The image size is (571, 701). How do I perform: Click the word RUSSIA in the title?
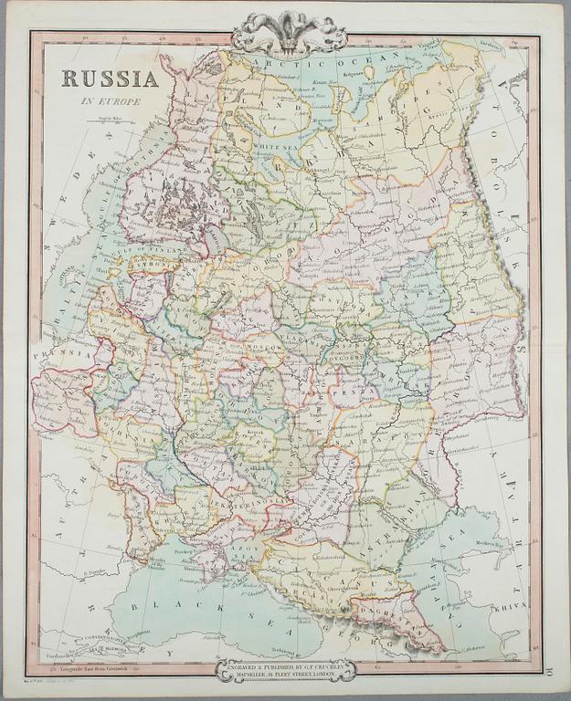[x=110, y=78]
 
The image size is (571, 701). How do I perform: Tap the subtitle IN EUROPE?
[x=110, y=101]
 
